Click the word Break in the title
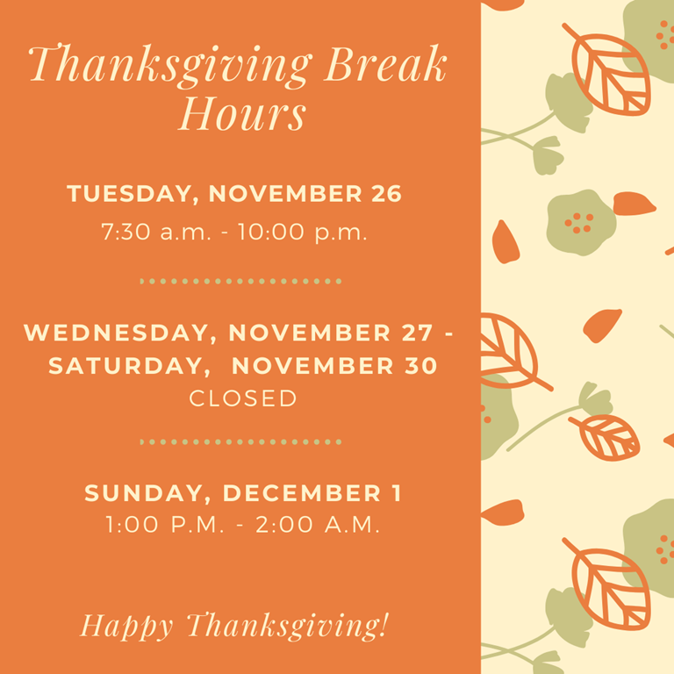tap(385, 63)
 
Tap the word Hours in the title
tap(242, 113)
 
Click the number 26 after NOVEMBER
tap(386, 193)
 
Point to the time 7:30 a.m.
tap(156, 232)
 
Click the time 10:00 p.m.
tap(302, 233)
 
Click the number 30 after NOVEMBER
tap(421, 366)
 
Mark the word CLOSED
tap(243, 398)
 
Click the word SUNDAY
tap(144, 493)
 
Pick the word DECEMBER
tap(302, 492)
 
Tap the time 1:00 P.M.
tap(165, 525)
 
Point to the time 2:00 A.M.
tap(318, 525)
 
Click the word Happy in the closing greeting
tap(126, 627)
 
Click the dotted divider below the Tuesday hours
tap(240, 282)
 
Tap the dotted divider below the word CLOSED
tap(240, 442)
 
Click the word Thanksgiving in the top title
tap(169, 65)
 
